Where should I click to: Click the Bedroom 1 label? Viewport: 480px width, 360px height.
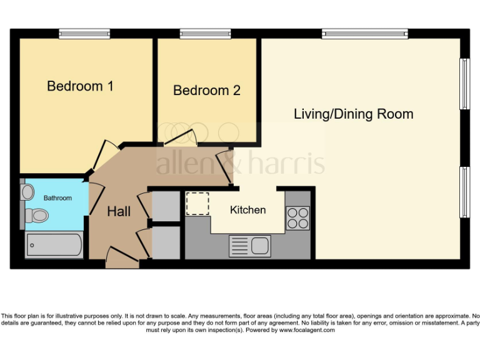click(80, 86)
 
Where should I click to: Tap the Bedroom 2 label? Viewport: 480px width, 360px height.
click(206, 91)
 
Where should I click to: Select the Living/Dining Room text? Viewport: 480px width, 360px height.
click(353, 114)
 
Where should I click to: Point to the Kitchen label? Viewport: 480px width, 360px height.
click(247, 210)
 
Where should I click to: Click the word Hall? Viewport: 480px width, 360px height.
click(119, 212)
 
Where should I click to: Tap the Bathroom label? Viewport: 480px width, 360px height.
click(57, 198)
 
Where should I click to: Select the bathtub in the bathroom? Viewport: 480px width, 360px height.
click(54, 245)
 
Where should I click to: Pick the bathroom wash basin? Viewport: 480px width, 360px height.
click(27, 192)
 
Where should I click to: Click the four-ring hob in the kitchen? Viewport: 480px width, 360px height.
click(297, 217)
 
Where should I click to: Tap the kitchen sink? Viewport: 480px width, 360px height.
click(250, 246)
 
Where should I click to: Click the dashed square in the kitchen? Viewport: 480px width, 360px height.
click(197, 204)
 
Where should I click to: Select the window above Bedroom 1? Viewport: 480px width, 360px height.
click(84, 33)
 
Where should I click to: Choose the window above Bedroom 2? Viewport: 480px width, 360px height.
click(205, 33)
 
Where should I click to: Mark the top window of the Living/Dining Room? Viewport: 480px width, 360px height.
click(365, 33)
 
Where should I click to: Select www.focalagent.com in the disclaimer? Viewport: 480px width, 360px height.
click(306, 330)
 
